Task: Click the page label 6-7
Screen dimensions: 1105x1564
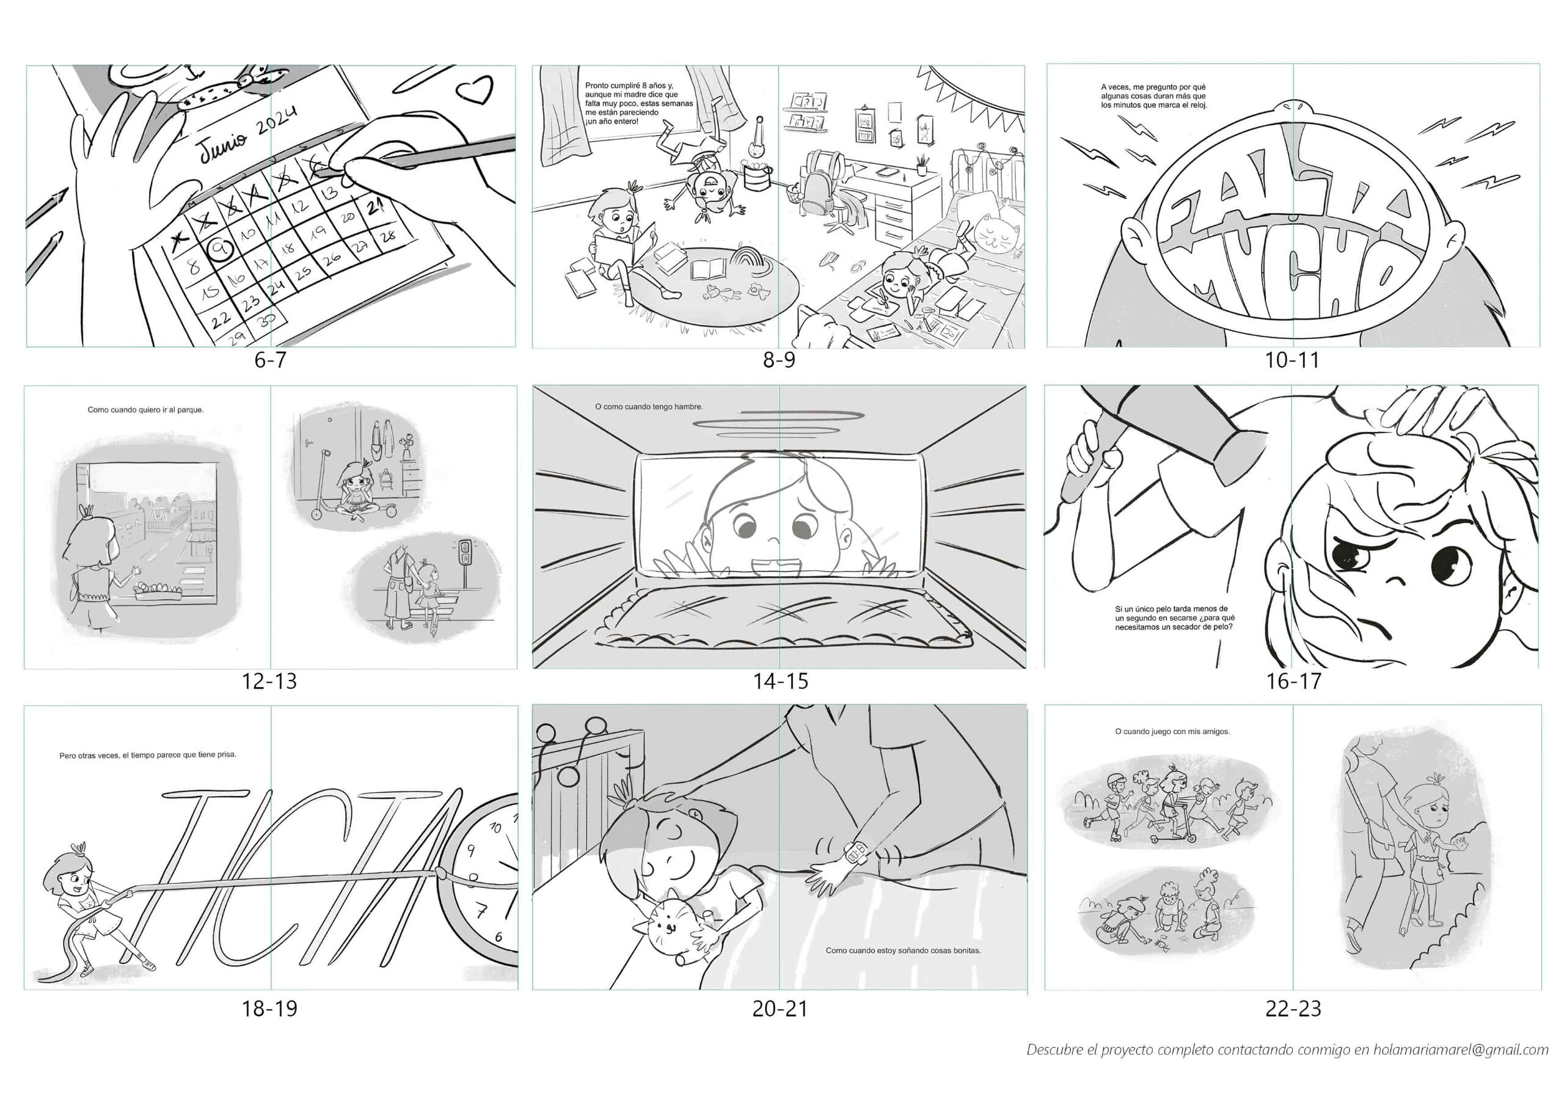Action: (271, 360)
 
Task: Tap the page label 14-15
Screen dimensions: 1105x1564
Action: (780, 680)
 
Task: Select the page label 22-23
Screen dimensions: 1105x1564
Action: (1293, 1008)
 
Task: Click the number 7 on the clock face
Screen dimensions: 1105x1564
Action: (481, 911)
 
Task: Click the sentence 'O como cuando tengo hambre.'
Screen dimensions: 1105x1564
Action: (648, 407)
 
